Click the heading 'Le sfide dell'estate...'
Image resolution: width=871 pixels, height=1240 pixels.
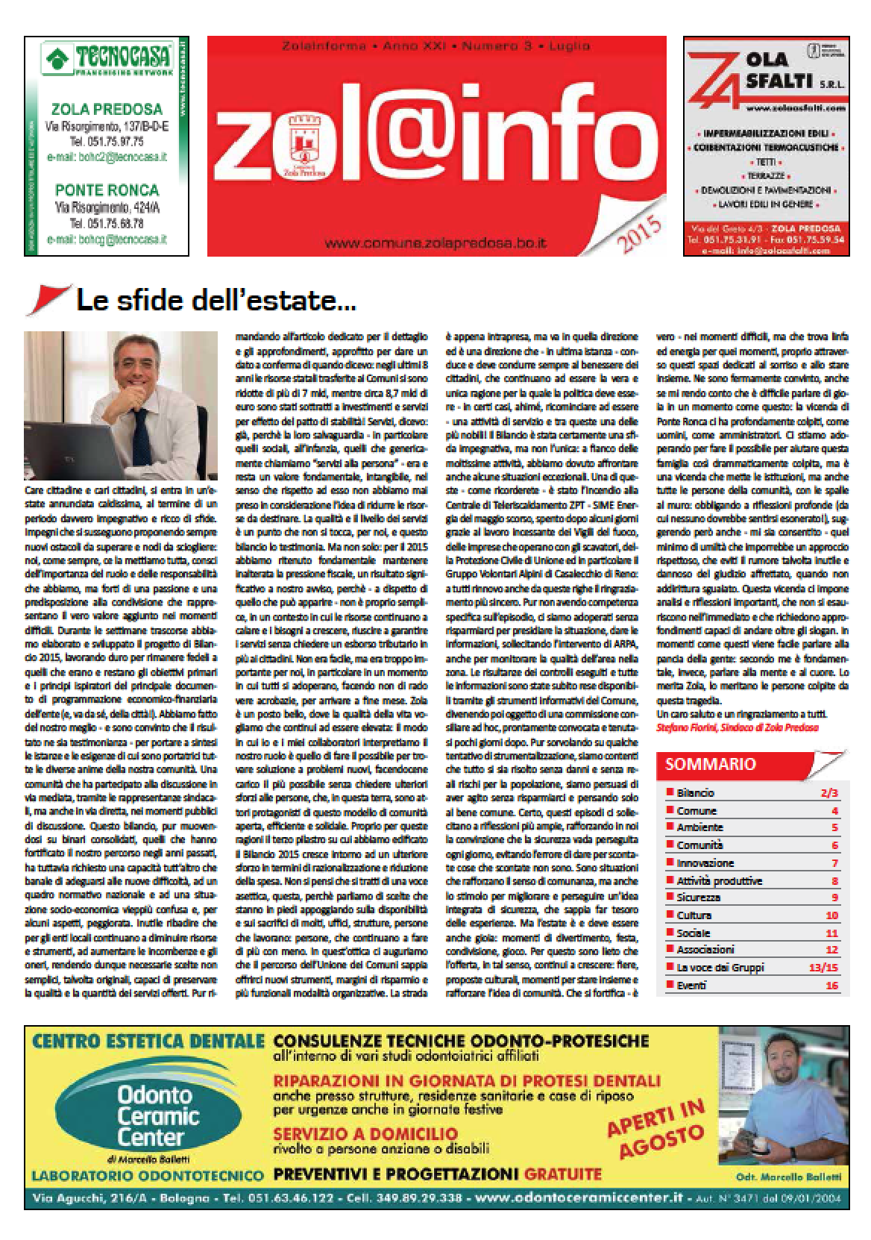216,301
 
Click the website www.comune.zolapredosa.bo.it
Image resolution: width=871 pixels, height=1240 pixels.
436,243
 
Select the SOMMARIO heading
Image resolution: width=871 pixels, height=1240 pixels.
700,763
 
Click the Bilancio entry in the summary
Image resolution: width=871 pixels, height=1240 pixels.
695,792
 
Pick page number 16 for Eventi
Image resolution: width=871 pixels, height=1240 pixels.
831,986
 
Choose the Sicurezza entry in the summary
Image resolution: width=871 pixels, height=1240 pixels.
698,898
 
